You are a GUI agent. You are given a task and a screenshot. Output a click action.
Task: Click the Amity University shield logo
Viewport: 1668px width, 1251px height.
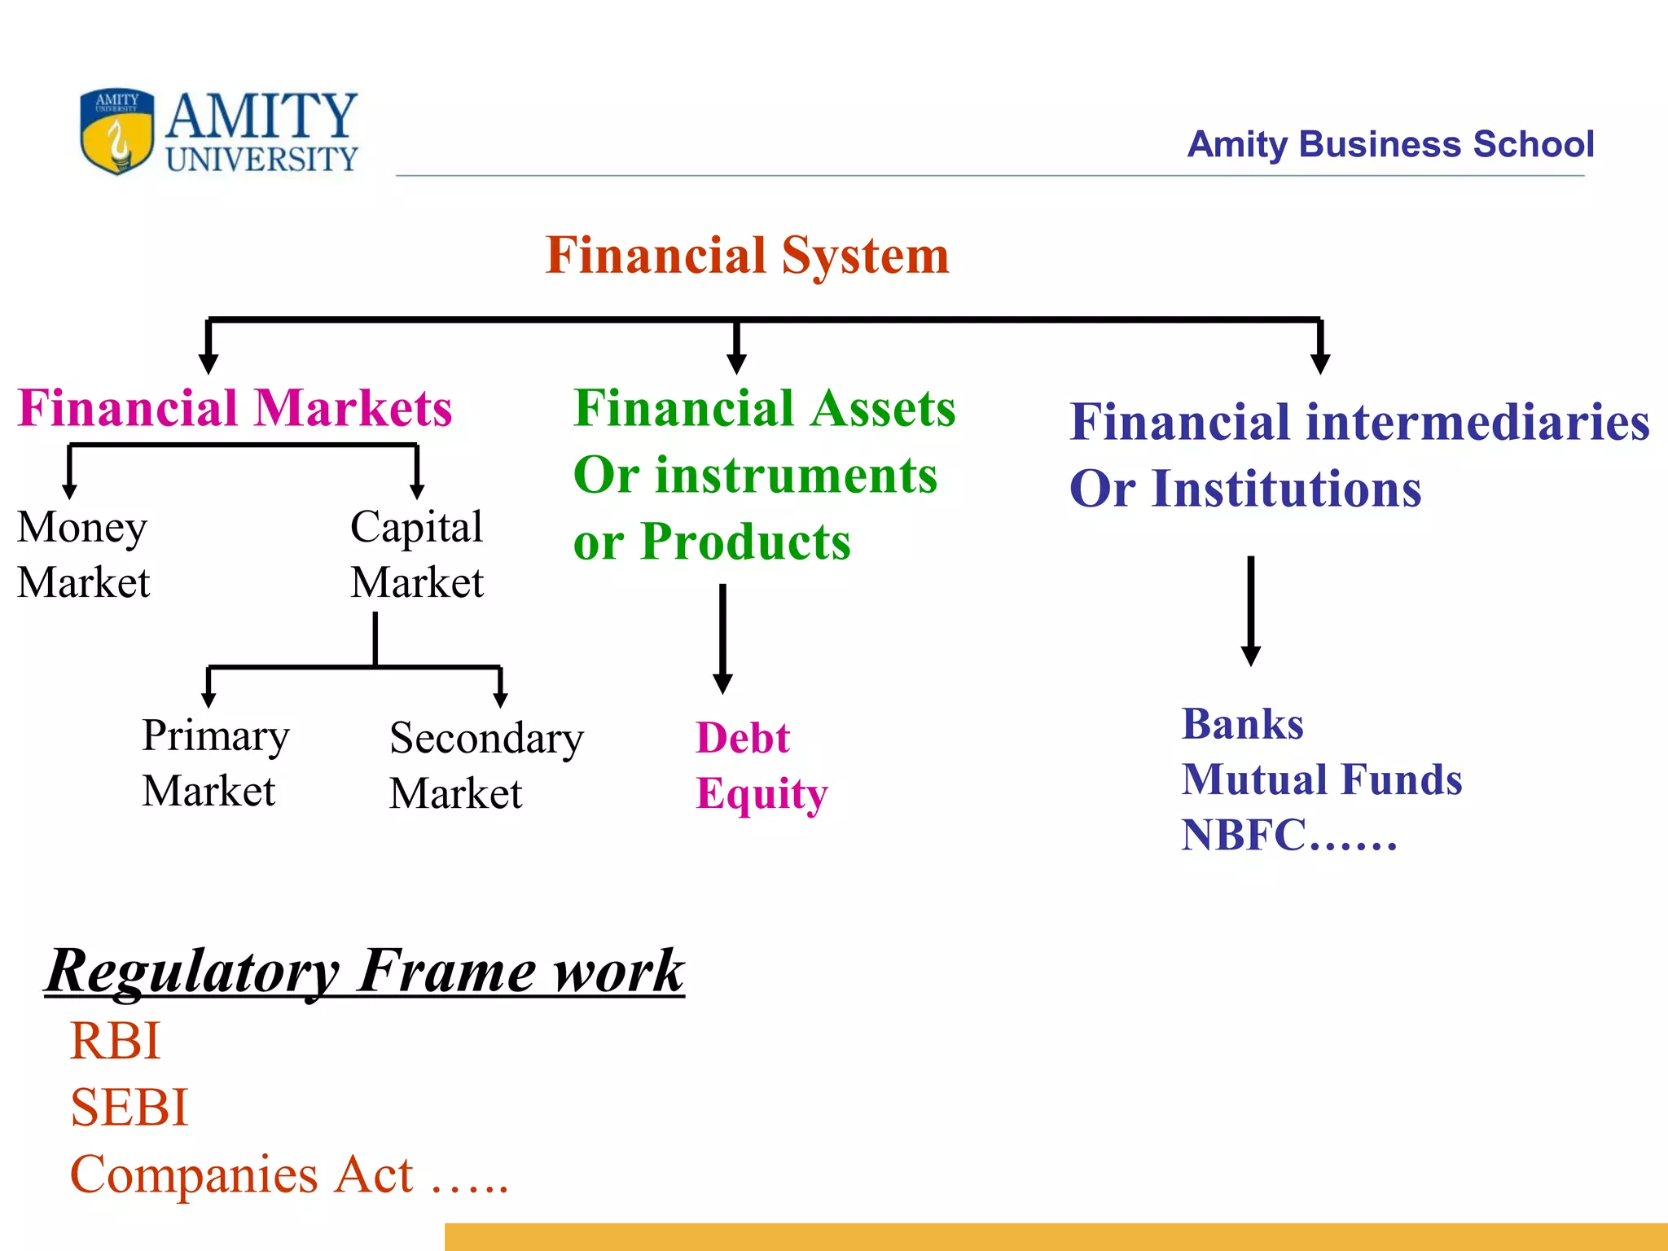click(116, 132)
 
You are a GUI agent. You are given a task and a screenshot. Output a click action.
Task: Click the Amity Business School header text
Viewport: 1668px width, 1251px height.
click(1389, 144)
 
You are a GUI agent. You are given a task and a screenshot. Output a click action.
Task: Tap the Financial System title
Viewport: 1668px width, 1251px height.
click(747, 255)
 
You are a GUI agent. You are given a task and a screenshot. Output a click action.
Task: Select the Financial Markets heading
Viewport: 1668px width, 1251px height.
click(235, 408)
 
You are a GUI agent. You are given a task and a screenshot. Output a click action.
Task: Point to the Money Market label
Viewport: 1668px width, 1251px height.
click(83, 554)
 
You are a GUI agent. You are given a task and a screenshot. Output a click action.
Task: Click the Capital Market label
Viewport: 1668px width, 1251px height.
click(417, 554)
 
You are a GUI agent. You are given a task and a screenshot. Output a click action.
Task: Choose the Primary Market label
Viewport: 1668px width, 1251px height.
click(215, 763)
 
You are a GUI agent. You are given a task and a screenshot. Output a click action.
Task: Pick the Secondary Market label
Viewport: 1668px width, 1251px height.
click(486, 766)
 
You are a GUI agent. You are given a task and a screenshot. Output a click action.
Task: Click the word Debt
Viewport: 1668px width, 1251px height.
click(742, 738)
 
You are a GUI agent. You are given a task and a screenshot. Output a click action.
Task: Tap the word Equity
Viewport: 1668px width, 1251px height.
click(762, 794)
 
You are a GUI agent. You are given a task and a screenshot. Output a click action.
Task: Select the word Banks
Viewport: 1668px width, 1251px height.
click(1242, 724)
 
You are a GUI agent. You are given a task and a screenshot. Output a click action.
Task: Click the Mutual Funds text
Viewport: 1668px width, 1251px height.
click(1321, 779)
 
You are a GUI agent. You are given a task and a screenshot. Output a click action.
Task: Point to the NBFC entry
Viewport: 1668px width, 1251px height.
click(1288, 836)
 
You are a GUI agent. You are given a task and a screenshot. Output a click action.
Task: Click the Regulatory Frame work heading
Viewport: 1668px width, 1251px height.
click(365, 971)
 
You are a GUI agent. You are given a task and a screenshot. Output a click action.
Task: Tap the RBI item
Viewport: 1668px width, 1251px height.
click(116, 1041)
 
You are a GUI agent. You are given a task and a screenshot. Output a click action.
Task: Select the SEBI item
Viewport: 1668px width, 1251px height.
click(129, 1108)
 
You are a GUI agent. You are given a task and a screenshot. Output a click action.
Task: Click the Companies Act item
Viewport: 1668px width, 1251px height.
click(288, 1174)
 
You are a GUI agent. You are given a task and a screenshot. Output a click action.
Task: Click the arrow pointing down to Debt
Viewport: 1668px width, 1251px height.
click(722, 639)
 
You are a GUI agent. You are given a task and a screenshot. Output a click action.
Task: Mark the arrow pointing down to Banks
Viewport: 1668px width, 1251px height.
click(1251, 611)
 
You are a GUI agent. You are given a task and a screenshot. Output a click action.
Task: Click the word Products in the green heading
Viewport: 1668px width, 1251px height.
click(744, 542)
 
